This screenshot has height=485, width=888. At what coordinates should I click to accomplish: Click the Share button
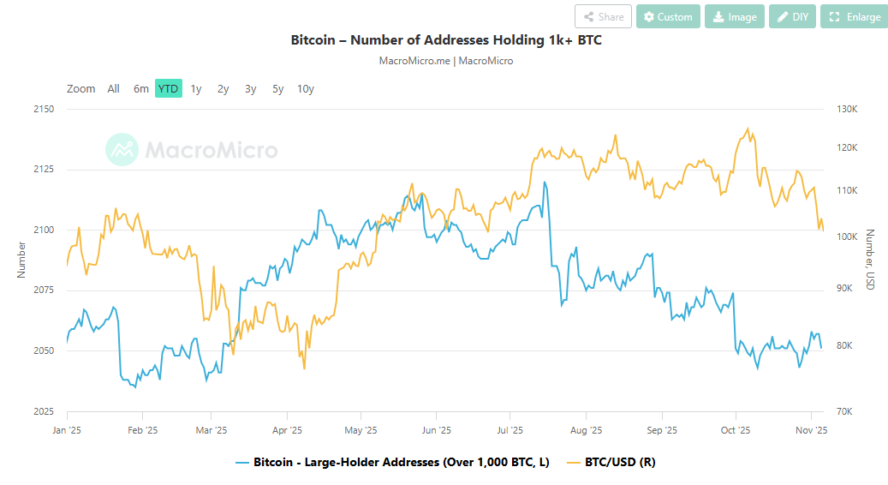coord(604,16)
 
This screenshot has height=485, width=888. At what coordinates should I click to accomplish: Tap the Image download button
coord(734,16)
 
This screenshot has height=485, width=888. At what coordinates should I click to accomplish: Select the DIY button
coord(792,16)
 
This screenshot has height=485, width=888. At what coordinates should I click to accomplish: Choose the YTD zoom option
coord(169,88)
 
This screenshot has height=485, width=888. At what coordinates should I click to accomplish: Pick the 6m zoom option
coord(141,88)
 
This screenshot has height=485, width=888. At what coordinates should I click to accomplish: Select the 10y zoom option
coord(306,88)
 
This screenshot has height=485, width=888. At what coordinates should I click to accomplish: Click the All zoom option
coord(114,88)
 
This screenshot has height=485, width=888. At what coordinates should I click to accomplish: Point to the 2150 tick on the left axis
coord(43,109)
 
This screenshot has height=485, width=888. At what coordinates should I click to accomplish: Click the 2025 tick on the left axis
coord(43,411)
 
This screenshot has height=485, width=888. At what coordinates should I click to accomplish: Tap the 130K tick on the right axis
coord(847,109)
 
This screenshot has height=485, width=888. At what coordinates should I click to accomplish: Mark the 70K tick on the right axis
coord(845,411)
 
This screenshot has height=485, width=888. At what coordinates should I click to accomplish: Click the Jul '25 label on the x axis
coord(510,430)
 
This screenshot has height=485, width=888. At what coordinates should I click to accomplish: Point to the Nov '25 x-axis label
coord(810,430)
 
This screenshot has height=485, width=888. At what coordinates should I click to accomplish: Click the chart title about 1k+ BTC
coord(446,40)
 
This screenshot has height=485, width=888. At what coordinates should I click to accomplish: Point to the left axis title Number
coord(21,260)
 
